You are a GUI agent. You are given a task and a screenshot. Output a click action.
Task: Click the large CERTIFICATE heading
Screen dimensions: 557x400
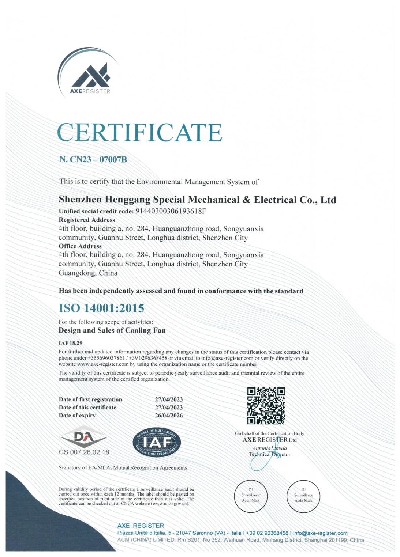click(139, 132)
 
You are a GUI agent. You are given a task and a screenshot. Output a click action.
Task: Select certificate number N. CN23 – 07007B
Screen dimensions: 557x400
click(93, 160)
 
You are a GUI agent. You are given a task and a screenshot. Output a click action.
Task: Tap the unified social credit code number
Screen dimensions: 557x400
click(171, 211)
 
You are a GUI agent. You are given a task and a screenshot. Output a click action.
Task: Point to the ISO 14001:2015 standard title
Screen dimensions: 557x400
click(101, 308)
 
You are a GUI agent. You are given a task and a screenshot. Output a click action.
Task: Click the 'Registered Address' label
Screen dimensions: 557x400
click(87, 220)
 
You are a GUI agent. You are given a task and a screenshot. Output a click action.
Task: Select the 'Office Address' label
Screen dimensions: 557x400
click(80, 246)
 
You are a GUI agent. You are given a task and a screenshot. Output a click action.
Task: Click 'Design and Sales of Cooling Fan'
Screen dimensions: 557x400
click(112, 330)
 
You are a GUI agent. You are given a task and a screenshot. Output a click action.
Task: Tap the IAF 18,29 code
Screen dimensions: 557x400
click(70, 343)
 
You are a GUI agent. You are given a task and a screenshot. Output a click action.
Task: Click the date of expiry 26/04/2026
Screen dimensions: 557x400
click(168, 416)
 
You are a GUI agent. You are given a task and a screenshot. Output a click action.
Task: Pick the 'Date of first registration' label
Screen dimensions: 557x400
click(90, 399)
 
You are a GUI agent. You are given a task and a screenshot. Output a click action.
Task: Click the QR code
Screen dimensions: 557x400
click(266, 406)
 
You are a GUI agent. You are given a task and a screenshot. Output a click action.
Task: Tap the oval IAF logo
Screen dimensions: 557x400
click(157, 442)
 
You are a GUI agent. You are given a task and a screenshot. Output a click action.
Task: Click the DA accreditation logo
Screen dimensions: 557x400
click(84, 437)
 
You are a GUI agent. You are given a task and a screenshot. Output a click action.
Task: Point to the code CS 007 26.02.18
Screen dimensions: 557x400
click(84, 452)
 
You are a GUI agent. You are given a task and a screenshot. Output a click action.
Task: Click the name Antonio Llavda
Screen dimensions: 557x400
click(269, 448)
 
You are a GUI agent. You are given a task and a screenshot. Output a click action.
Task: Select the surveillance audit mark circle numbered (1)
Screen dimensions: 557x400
click(251, 496)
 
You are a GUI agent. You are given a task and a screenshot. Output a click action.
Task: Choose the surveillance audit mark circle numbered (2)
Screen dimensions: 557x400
click(303, 496)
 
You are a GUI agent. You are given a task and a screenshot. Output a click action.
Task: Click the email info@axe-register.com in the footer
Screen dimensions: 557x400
click(320, 533)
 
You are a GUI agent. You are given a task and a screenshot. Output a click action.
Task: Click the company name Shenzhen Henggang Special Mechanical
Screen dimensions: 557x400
click(197, 200)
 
